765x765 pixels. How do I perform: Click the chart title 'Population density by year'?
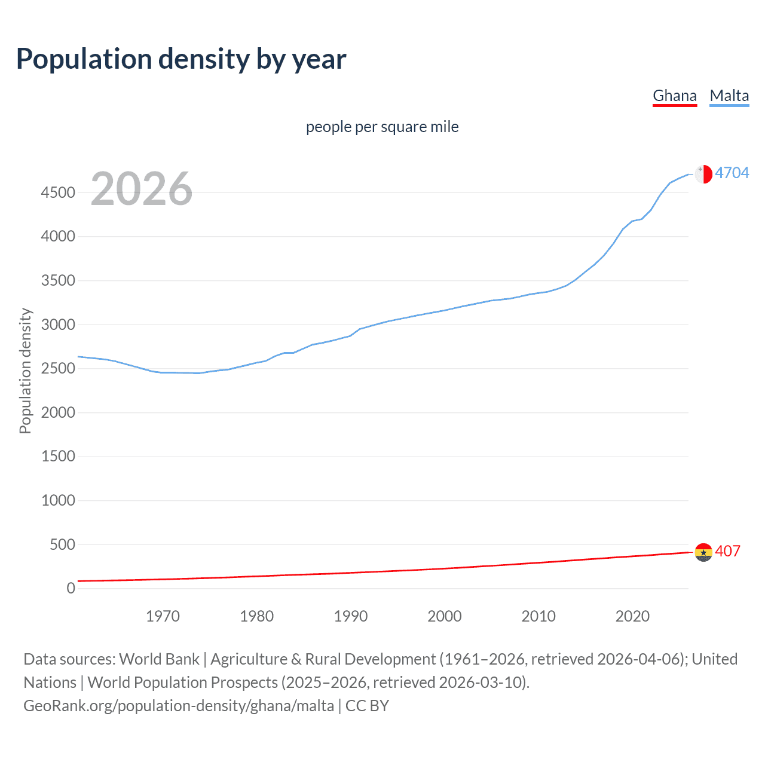pos(181,59)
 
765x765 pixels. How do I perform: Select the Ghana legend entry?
pos(674,96)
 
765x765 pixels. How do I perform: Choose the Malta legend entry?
pos(729,96)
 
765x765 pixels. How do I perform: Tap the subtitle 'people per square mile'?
pos(382,127)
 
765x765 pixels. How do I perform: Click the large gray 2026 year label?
pos(142,189)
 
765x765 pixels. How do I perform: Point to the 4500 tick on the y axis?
pos(58,192)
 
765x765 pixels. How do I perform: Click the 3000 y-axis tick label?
pos(58,325)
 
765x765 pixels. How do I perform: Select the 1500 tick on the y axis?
pos(58,457)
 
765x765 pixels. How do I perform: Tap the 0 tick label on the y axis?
pos(71,588)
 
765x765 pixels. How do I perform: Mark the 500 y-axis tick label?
pos(62,544)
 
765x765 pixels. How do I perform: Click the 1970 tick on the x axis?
pos(163,616)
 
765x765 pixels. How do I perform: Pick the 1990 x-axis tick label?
pos(351,616)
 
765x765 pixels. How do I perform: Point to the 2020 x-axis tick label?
pos(632,616)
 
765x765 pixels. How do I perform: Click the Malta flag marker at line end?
pos(703,174)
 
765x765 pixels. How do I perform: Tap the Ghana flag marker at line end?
pos(703,552)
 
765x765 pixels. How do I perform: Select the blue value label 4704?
pos(732,173)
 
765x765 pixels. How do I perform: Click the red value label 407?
pos(727,551)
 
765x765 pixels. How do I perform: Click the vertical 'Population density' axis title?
pos(25,371)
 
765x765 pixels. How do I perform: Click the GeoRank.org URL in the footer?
pos(179,706)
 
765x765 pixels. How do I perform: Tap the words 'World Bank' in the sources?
pos(159,659)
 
